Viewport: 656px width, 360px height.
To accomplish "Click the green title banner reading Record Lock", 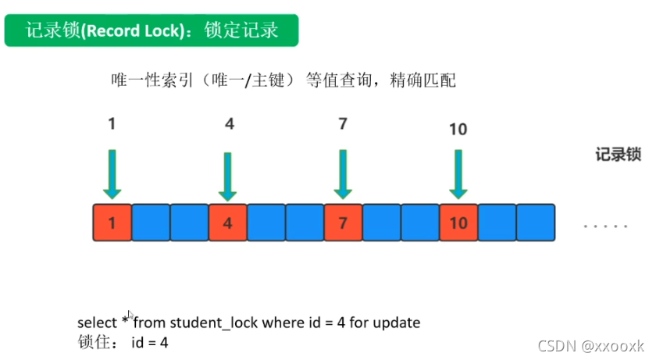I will (x=152, y=30).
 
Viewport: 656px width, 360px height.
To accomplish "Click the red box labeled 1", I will (x=112, y=222).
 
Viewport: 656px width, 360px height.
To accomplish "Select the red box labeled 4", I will (x=227, y=222).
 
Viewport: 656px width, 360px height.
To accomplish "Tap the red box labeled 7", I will (x=343, y=222).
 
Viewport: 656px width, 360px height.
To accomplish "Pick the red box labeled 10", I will (x=458, y=222).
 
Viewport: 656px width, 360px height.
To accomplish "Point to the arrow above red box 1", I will (x=112, y=173).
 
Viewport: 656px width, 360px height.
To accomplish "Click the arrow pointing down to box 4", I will (x=227, y=176).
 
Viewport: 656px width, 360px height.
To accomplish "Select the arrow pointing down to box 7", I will (x=343, y=173).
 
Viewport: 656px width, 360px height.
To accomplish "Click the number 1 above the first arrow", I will (x=112, y=123).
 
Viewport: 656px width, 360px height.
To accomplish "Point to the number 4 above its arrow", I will (x=228, y=123).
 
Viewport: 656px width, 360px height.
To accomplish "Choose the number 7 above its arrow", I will (x=343, y=123).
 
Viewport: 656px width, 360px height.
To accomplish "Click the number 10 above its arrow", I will (x=458, y=129).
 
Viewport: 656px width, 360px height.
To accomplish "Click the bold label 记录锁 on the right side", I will (x=619, y=155).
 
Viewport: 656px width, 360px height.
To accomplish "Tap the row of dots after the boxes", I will (x=606, y=226).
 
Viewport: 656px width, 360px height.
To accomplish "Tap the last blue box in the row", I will (x=535, y=222).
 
